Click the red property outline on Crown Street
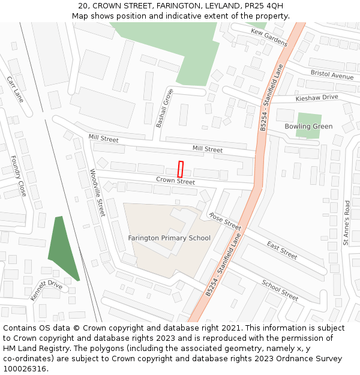(x=180, y=169)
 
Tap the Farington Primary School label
(x=169, y=238)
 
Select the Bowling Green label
(x=308, y=127)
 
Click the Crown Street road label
(x=176, y=181)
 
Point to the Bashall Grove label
(x=164, y=109)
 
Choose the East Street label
(x=281, y=250)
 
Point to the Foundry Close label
(x=19, y=176)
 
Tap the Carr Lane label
(x=15, y=89)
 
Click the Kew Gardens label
(x=269, y=37)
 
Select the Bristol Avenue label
(x=332, y=74)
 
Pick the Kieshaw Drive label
(x=317, y=98)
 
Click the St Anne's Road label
(x=346, y=223)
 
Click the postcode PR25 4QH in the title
(x=263, y=6)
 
